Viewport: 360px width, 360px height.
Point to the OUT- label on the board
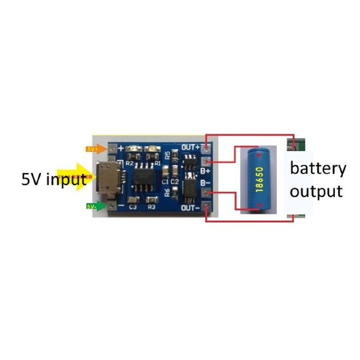coord(190,208)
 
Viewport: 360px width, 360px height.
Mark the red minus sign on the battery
coord(259,205)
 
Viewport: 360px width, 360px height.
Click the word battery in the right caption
coord(318,169)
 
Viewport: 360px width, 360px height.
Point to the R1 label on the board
coord(157,163)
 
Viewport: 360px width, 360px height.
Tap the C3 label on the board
coord(133,207)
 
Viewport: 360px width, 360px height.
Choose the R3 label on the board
coord(151,207)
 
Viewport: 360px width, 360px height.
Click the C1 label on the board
coord(165,181)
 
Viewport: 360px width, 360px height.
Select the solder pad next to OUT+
coord(207,147)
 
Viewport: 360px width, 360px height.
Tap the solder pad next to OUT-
coord(206,207)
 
